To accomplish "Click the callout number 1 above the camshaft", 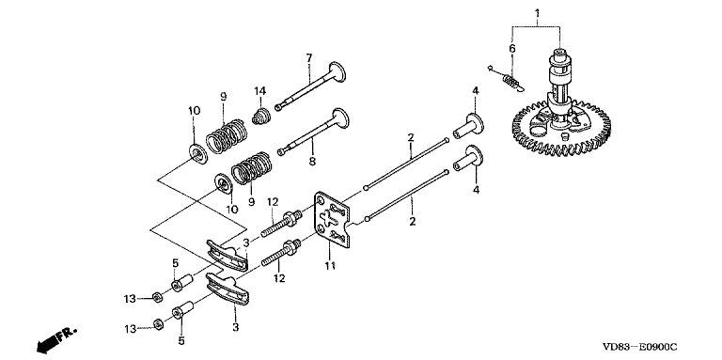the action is [x=537, y=13].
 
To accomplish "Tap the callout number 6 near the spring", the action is [x=512, y=48].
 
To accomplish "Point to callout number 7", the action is [x=309, y=58].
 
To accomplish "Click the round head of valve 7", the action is [x=337, y=72].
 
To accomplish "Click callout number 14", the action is [x=260, y=90].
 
